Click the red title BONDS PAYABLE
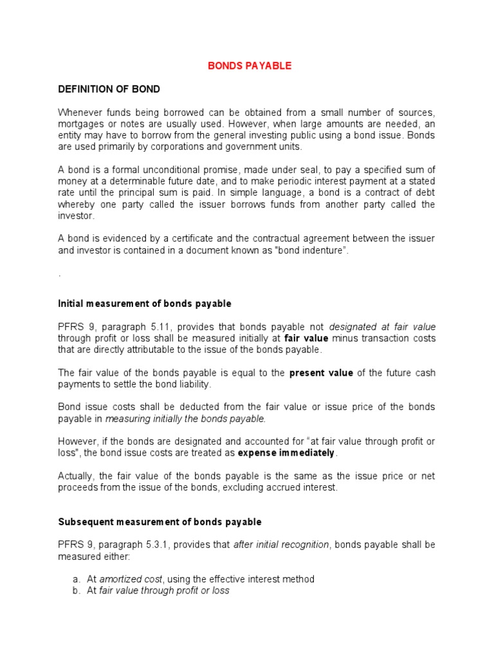(x=250, y=66)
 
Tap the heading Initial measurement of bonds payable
(x=145, y=303)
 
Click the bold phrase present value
(x=321, y=373)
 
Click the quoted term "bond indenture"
(x=311, y=250)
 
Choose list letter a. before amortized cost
(x=77, y=579)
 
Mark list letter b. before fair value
(x=77, y=590)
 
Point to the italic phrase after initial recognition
(x=281, y=544)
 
